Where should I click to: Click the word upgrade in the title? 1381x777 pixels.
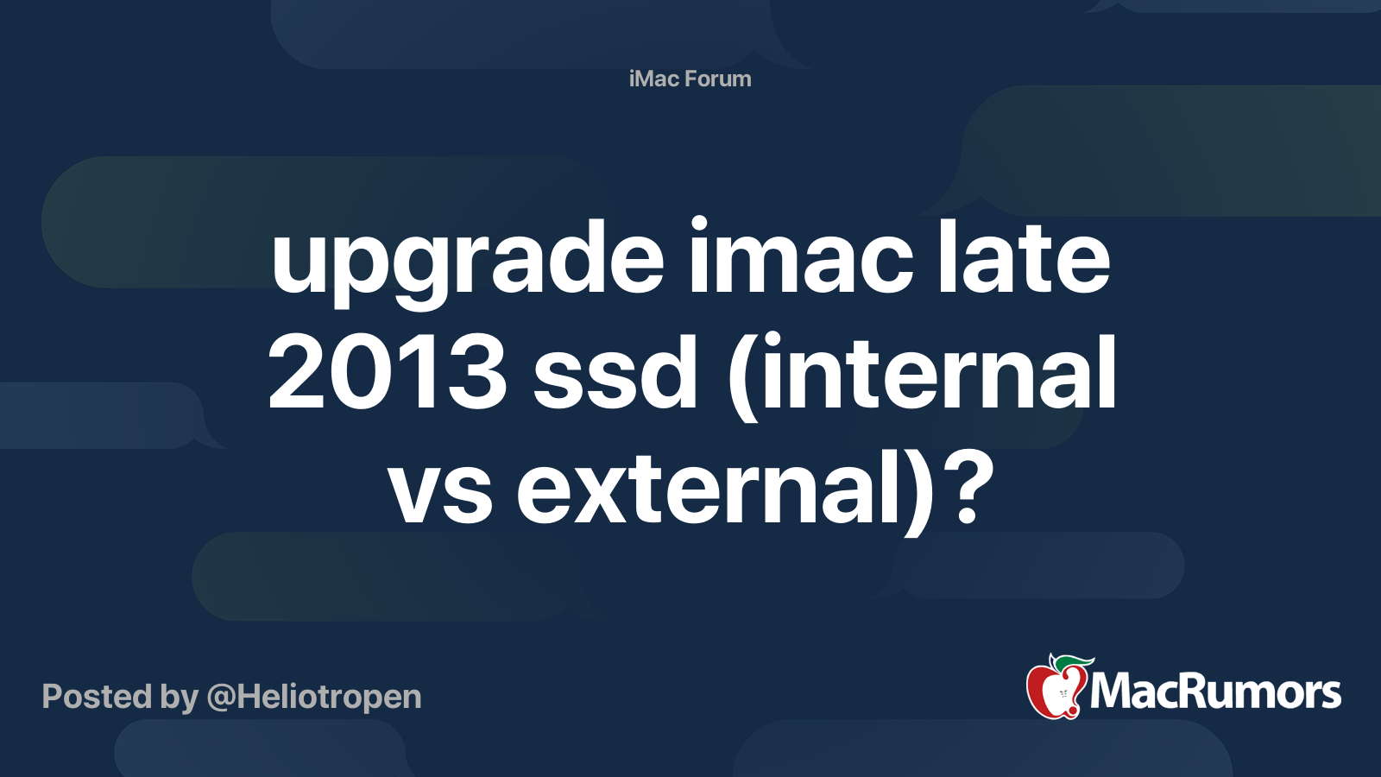(467, 262)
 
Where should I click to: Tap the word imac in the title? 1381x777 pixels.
(801, 256)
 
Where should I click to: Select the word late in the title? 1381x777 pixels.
(1024, 256)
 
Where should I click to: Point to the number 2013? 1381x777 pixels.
(388, 372)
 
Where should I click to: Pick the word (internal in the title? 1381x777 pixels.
(921, 376)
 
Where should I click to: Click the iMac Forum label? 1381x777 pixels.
(690, 79)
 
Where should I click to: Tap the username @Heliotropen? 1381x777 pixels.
(314, 698)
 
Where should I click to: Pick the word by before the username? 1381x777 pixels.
(179, 698)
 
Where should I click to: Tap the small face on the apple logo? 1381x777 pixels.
(1063, 694)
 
